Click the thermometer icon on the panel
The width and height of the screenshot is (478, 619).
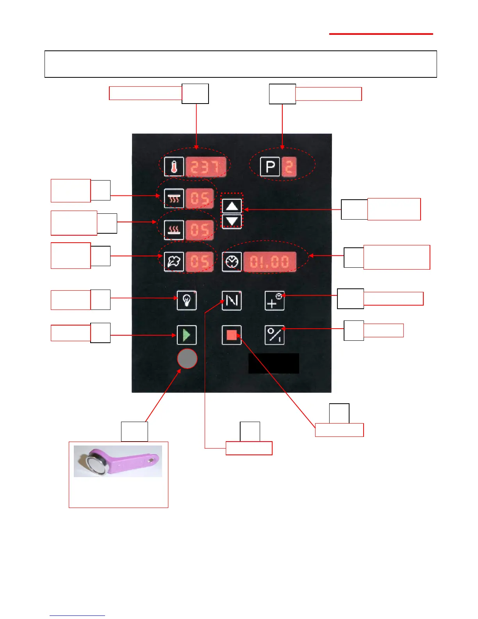coord(174,167)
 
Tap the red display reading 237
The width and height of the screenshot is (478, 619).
coord(205,167)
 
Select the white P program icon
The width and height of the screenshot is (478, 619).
coord(270,167)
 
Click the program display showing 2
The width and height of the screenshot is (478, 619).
coord(289,167)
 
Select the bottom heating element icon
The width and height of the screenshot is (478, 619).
coord(174,230)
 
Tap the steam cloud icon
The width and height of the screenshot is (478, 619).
coord(174,261)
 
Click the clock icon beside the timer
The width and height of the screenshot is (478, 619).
coord(232,261)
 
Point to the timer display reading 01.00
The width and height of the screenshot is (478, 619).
coord(269,261)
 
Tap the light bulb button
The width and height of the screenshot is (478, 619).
coord(187,301)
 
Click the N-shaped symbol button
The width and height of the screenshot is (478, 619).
coord(232,301)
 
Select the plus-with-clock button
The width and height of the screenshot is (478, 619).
coord(275,301)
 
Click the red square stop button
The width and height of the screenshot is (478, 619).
coord(232,335)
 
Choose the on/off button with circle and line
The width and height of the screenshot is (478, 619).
coord(275,335)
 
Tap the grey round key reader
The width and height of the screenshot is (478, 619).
coord(187,359)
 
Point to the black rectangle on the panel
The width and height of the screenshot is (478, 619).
coord(274,363)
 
